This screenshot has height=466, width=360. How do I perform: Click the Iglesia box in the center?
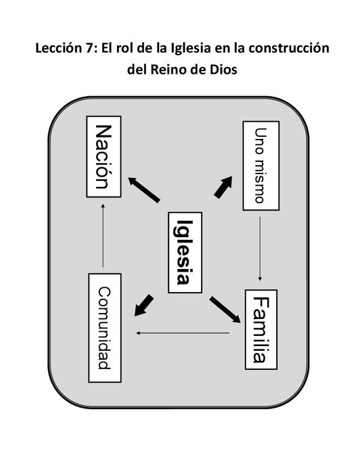click(185, 253)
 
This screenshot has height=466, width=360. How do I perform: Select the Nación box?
click(104, 156)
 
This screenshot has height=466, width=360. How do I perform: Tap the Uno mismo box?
click(261, 166)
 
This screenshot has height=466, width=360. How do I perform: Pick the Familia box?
click(261, 330)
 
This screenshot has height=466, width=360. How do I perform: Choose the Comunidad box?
click(105, 328)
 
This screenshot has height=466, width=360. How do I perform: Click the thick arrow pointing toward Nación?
click(144, 190)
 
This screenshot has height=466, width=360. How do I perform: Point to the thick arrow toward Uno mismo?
click(223, 187)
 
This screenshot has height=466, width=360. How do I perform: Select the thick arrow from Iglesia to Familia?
click(225, 310)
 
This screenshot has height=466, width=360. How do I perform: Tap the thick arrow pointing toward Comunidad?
click(144, 305)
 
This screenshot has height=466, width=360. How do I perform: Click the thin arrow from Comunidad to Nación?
click(103, 236)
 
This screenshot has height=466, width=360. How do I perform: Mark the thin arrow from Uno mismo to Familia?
click(260, 249)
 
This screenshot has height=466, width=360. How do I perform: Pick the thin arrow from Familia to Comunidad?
click(183, 333)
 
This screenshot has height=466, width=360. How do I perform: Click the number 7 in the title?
click(87, 48)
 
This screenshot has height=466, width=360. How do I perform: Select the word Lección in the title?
click(58, 48)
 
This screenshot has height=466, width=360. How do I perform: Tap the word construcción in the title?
click(289, 48)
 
